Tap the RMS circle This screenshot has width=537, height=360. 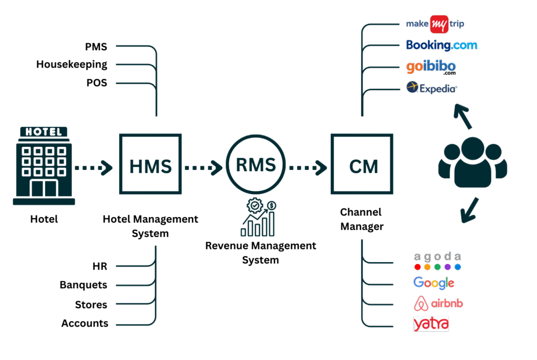click(x=255, y=165)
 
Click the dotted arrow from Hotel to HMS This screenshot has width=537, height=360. click(x=93, y=168)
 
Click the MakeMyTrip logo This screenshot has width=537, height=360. click(x=435, y=24)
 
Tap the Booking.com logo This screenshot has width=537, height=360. click(x=442, y=45)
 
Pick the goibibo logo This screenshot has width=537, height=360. click(x=431, y=67)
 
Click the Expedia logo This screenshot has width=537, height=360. click(x=432, y=88)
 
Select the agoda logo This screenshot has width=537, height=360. click(x=437, y=261)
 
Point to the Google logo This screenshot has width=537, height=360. click(x=434, y=283)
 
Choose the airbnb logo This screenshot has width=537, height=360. click(x=438, y=303)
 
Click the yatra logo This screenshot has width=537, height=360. click(x=431, y=324)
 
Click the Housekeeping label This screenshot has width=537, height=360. click(x=72, y=65)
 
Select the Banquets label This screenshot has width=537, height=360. click(x=83, y=285)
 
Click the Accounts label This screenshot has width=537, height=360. click(x=84, y=323)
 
